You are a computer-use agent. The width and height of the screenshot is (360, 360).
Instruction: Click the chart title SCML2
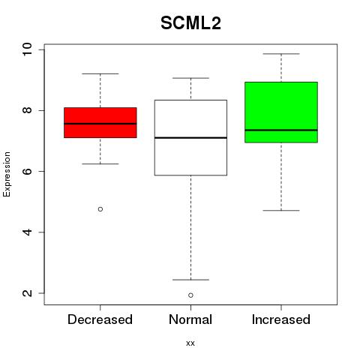tap(190, 23)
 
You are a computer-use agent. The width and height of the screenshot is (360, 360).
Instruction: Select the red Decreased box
tap(100, 122)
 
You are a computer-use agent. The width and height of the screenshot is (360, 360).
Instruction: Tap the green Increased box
tap(281, 112)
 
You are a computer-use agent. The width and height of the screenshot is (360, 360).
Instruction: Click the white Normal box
tap(190, 137)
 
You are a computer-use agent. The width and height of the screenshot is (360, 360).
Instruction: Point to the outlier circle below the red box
tap(100, 209)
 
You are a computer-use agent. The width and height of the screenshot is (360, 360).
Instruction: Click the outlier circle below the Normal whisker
tap(190, 295)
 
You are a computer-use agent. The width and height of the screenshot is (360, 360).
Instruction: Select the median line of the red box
tap(100, 124)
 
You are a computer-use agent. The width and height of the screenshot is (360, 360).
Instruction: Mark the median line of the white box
tap(190, 138)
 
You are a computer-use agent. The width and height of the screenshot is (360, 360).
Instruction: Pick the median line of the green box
tap(281, 130)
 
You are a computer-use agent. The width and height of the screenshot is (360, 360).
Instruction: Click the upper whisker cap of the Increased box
tap(281, 54)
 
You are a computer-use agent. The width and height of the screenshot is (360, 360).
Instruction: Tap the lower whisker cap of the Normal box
tap(190, 280)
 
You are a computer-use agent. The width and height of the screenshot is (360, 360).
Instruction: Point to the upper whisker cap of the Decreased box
tap(100, 73)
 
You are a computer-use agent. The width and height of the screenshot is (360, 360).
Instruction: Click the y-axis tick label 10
tap(27, 49)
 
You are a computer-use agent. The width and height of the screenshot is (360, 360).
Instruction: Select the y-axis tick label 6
tap(27, 171)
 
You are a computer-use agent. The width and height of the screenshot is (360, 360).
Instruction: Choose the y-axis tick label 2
tap(27, 293)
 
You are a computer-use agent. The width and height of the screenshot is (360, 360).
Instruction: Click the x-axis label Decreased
tap(100, 319)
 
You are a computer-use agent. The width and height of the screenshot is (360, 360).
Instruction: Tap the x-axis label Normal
tap(190, 319)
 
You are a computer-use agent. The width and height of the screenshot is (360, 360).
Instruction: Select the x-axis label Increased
tap(281, 319)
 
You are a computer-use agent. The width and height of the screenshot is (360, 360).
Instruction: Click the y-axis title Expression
tap(7, 174)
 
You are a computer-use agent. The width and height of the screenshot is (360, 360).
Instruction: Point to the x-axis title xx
tap(190, 343)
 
